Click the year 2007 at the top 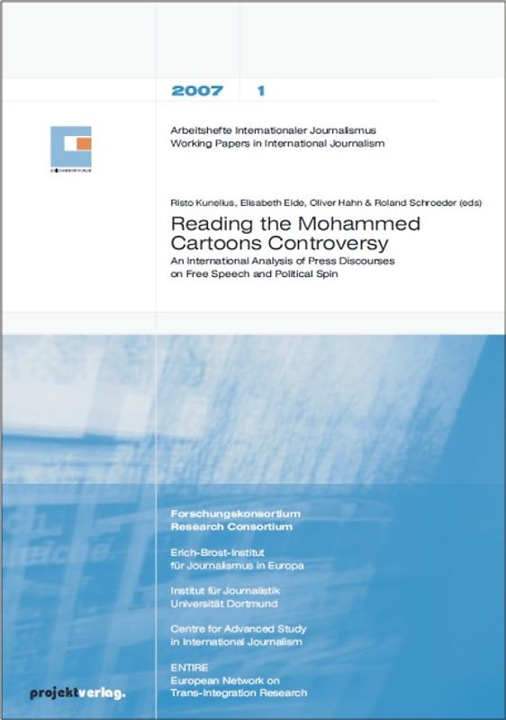198,91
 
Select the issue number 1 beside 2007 260,91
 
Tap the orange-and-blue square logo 71,144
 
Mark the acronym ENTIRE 191,667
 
